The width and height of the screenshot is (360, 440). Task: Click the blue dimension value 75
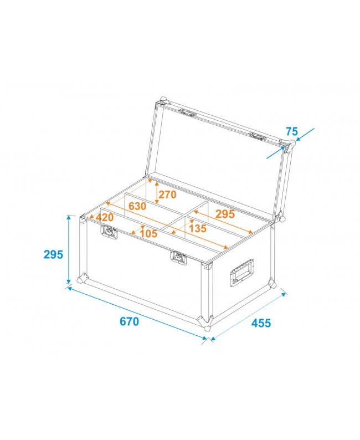click(292, 132)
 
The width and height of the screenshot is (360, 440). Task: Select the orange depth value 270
click(167, 195)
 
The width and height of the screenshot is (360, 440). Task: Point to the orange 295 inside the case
click(225, 214)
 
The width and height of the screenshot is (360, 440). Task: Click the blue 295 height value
click(54, 254)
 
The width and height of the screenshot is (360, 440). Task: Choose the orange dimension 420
click(104, 217)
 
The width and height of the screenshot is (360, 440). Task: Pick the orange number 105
click(148, 233)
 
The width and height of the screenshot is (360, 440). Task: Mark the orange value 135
click(197, 228)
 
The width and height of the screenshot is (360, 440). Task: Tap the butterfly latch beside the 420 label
click(110, 233)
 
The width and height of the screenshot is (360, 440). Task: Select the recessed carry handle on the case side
click(242, 274)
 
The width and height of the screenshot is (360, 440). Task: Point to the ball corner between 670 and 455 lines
click(207, 323)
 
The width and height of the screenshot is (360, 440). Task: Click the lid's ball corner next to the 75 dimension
click(288, 145)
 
